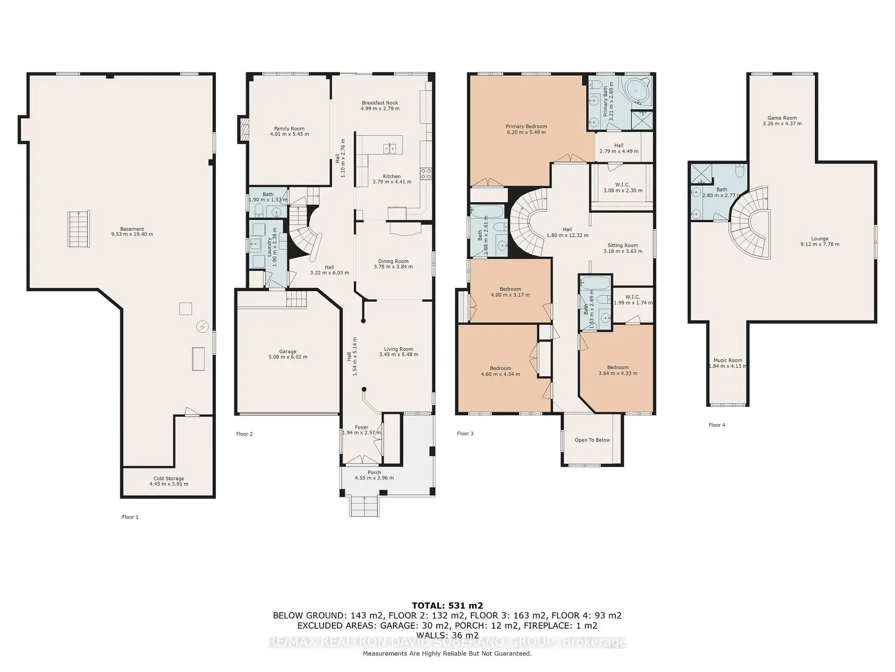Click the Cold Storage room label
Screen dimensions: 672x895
coord(169,478)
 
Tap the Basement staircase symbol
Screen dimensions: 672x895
coord(78,229)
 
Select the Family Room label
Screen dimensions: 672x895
coord(289,129)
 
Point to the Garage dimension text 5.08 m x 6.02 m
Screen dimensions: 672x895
coord(288,357)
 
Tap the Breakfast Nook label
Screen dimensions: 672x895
coord(380,103)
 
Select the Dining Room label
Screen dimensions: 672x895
coord(393,261)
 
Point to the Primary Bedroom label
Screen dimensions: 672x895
coord(526,126)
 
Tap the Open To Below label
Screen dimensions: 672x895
coord(592,440)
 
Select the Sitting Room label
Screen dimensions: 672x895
coord(623,245)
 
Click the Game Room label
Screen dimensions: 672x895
coord(782,118)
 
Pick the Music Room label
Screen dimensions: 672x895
coord(728,360)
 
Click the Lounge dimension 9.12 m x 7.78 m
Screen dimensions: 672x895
coord(819,245)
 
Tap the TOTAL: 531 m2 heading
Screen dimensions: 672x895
coord(447,606)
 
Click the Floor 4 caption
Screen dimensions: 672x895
coord(716,425)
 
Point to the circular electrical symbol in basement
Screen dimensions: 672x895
coord(202,327)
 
